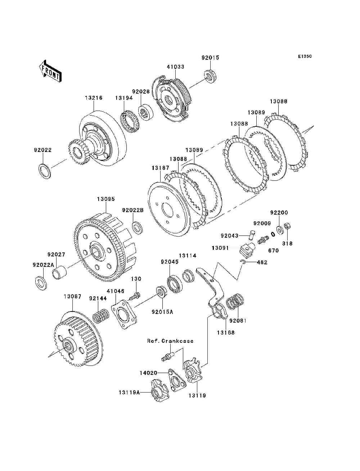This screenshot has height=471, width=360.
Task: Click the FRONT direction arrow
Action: [50, 70]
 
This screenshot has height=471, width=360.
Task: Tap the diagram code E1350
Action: [304, 57]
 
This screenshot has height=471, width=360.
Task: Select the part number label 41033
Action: [175, 67]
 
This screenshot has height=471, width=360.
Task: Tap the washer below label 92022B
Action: [137, 228]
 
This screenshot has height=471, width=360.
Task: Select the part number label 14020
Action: [148, 373]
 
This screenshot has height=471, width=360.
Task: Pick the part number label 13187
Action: [161, 168]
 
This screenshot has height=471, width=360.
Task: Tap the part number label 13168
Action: [225, 332]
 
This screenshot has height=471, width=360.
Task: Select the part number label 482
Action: [262, 262]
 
